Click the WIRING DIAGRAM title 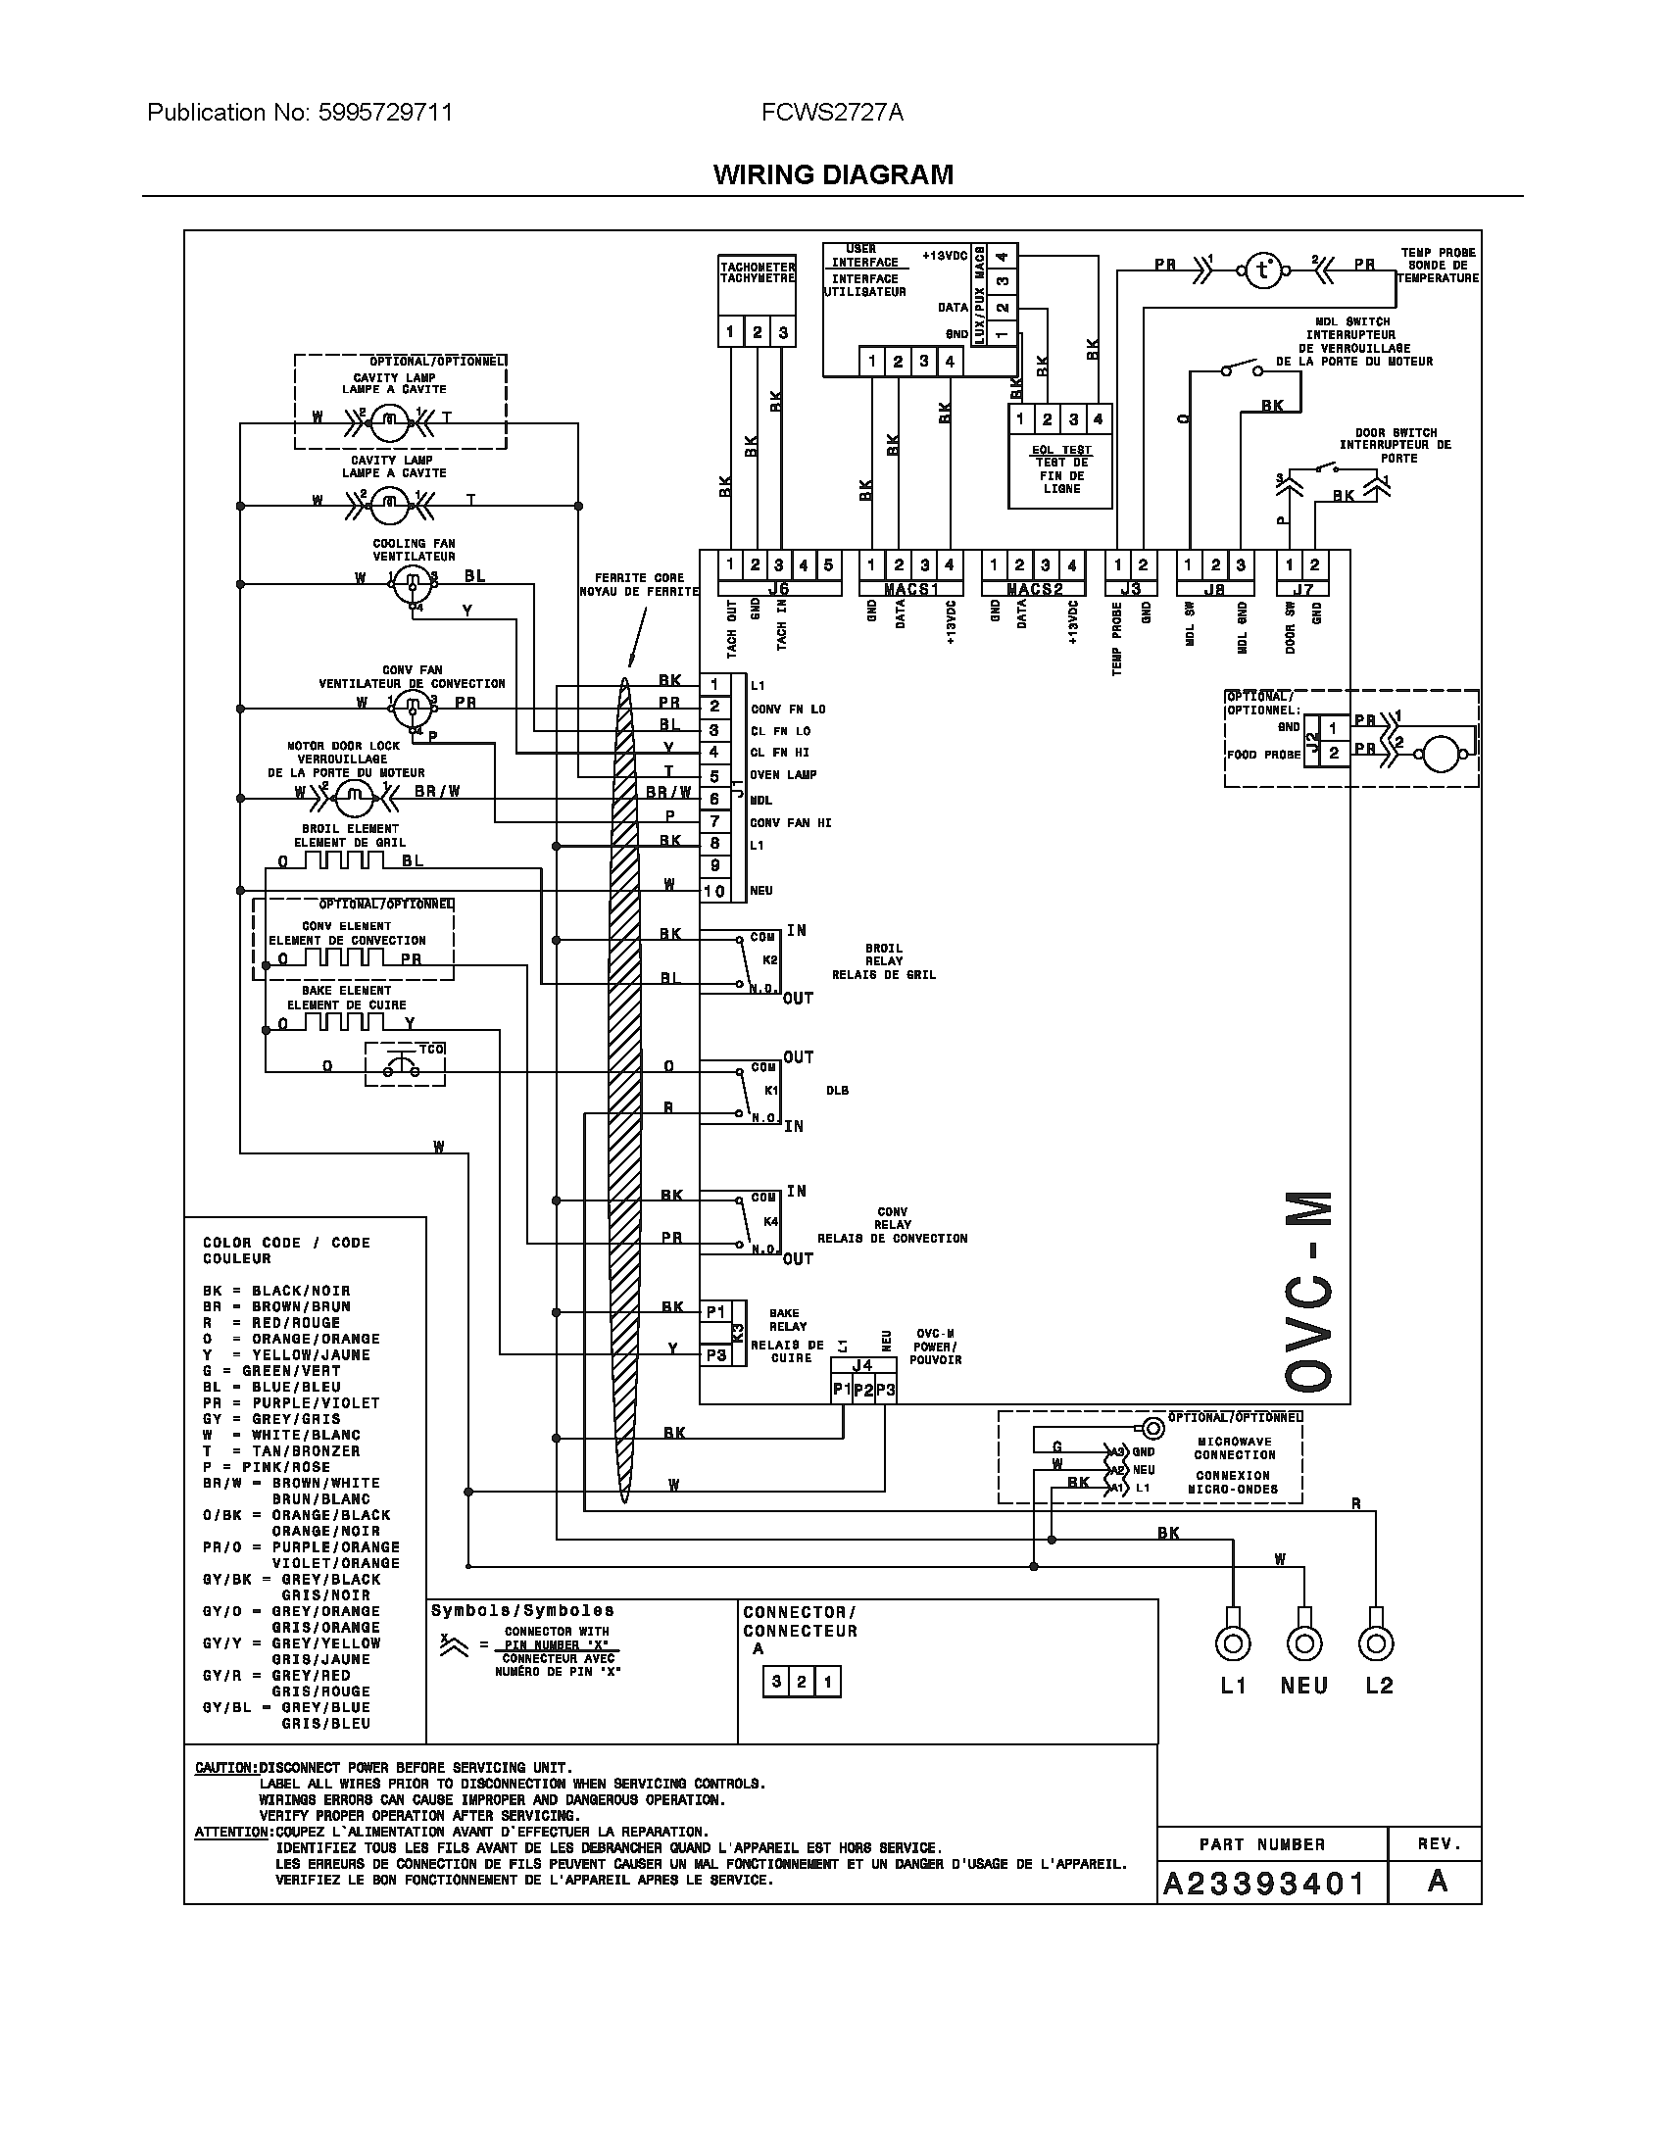tap(833, 174)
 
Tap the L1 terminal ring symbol tap(1232, 1643)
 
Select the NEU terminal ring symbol tap(1303, 1643)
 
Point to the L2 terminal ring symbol tap(1376, 1643)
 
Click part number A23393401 tap(1263, 1884)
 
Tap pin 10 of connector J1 tap(713, 891)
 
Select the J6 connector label tap(779, 589)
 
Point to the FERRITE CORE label tap(639, 584)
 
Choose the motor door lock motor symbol tap(355, 793)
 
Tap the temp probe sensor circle tap(1262, 269)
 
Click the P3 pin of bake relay tap(715, 1355)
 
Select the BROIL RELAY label tap(883, 961)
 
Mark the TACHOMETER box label tap(757, 272)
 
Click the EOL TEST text tap(1062, 450)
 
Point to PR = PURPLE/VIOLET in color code tap(291, 1402)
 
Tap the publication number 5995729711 tap(386, 113)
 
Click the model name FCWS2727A tap(832, 113)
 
